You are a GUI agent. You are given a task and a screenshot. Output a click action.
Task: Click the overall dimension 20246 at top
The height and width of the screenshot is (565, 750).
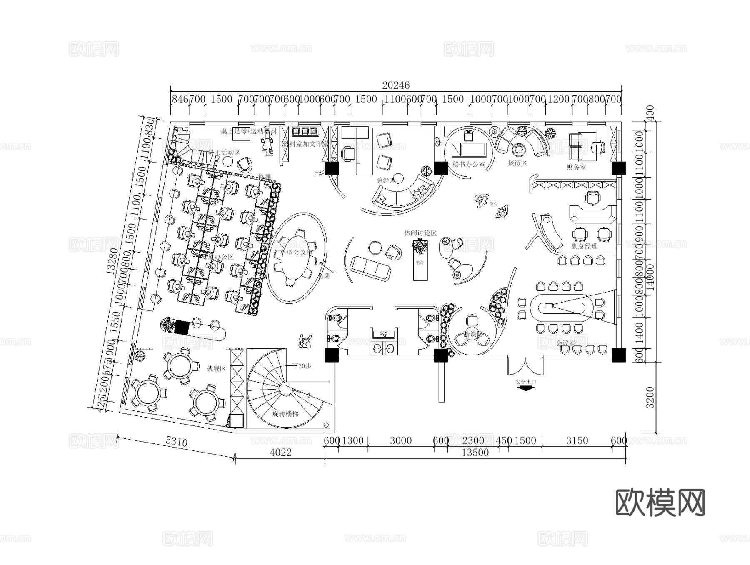(x=396, y=85)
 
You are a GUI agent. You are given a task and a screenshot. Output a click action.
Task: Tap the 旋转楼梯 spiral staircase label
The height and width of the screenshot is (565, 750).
(x=285, y=414)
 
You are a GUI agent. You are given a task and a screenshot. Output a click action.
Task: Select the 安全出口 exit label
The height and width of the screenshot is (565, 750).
(x=526, y=382)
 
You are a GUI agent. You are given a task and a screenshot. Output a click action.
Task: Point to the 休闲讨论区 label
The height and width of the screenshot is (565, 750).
(x=420, y=233)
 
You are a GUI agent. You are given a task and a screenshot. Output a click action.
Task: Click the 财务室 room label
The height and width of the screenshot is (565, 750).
(x=576, y=167)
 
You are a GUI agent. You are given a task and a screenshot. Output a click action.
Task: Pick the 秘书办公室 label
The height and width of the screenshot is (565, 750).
(x=469, y=164)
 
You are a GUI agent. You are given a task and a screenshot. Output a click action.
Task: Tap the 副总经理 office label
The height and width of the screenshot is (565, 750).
(x=585, y=246)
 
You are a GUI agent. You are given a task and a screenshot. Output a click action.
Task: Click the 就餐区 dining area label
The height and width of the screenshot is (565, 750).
(x=216, y=368)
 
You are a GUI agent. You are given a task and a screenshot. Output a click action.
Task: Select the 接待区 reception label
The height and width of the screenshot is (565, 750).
(x=517, y=162)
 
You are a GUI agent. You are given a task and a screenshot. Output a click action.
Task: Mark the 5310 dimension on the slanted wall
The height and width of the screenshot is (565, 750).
(x=177, y=441)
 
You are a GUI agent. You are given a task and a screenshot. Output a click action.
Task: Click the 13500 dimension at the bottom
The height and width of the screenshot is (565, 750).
(x=475, y=453)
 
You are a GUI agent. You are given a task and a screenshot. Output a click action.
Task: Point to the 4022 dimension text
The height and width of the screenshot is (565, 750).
(x=280, y=452)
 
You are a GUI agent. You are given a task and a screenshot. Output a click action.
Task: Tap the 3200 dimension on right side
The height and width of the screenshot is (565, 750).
(x=650, y=397)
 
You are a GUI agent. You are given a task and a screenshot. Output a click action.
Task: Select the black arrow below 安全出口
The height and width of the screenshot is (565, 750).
(x=526, y=388)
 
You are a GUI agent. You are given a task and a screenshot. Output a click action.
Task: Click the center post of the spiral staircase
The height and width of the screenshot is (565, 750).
(x=285, y=389)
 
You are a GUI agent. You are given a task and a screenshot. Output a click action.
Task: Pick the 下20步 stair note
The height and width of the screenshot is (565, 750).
(x=302, y=366)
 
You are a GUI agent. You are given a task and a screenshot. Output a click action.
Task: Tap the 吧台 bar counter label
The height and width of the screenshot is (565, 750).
(x=420, y=262)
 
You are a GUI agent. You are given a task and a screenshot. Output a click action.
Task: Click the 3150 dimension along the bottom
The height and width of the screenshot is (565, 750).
(x=577, y=440)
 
